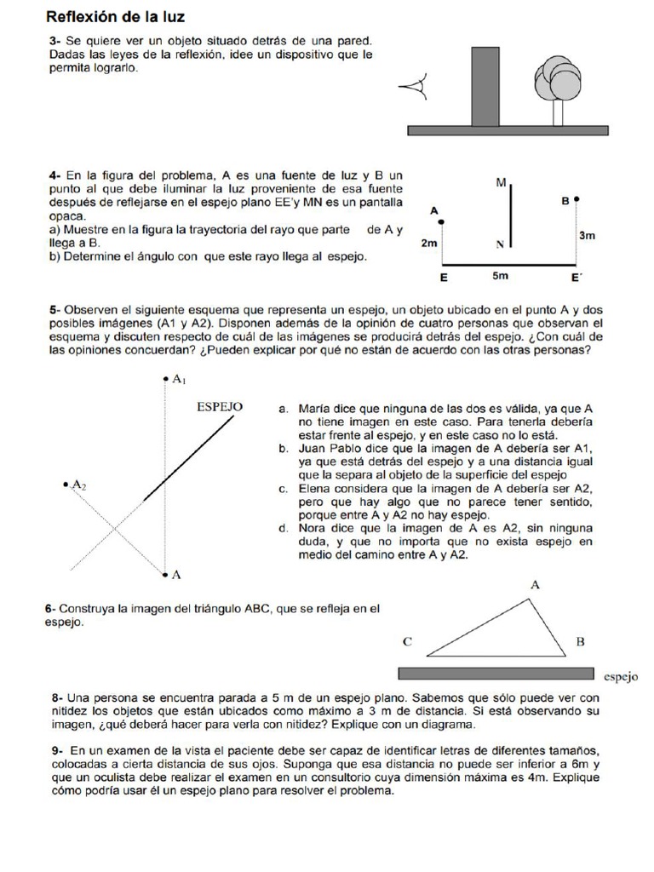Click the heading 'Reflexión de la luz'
click(114, 16)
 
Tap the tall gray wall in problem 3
click(485, 86)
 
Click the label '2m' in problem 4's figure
click(429, 244)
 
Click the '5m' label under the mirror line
click(502, 277)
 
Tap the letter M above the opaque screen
click(501, 182)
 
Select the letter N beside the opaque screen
click(500, 244)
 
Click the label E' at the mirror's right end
click(577, 278)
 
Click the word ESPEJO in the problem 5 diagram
click(220, 407)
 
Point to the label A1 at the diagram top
click(179, 379)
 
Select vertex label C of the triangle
click(408, 641)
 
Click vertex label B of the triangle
click(580, 641)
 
